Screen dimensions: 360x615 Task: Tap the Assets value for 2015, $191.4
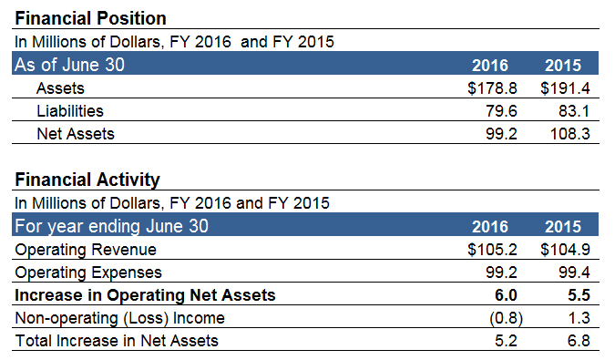coord(566,88)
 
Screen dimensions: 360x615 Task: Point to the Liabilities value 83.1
coord(575,111)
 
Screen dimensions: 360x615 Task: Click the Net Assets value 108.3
coord(570,133)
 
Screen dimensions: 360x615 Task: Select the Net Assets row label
coord(76,133)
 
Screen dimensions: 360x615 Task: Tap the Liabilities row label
coord(70,111)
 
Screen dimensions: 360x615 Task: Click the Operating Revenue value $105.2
coord(491,250)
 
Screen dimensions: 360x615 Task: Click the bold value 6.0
coord(506,294)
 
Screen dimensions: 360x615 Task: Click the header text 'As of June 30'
coord(70,65)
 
